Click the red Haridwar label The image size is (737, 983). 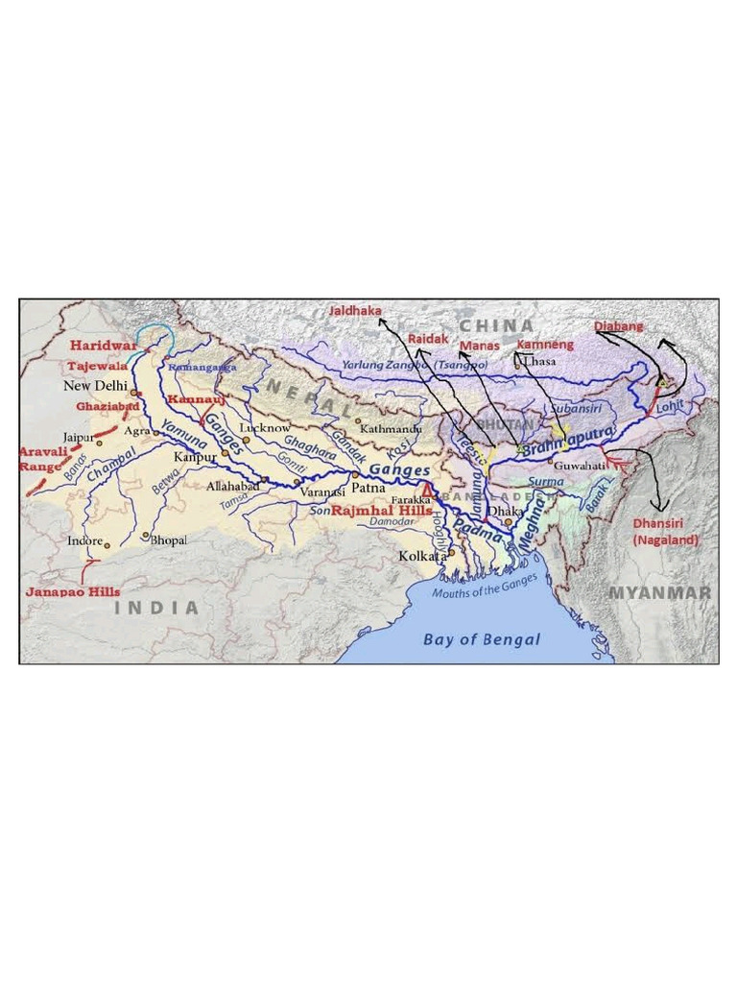coord(102,346)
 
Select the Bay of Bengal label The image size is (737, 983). coord(482,639)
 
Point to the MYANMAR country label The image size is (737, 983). coord(660,593)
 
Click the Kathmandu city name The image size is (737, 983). coord(391,429)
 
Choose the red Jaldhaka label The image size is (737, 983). coord(355,311)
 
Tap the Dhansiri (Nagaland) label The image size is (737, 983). coord(665,532)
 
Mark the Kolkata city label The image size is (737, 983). coord(422,557)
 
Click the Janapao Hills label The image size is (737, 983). coord(72,592)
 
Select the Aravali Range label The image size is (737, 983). coord(40,458)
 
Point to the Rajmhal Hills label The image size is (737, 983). coord(396,510)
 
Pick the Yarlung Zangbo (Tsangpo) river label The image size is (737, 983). coord(415,366)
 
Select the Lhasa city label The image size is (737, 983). coord(538,361)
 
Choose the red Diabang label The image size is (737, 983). coord(619,326)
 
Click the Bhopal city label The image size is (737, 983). coord(169,540)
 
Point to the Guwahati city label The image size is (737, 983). coord(581,465)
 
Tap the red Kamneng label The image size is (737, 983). coord(545,344)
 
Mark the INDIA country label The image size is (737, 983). coord(157,608)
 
